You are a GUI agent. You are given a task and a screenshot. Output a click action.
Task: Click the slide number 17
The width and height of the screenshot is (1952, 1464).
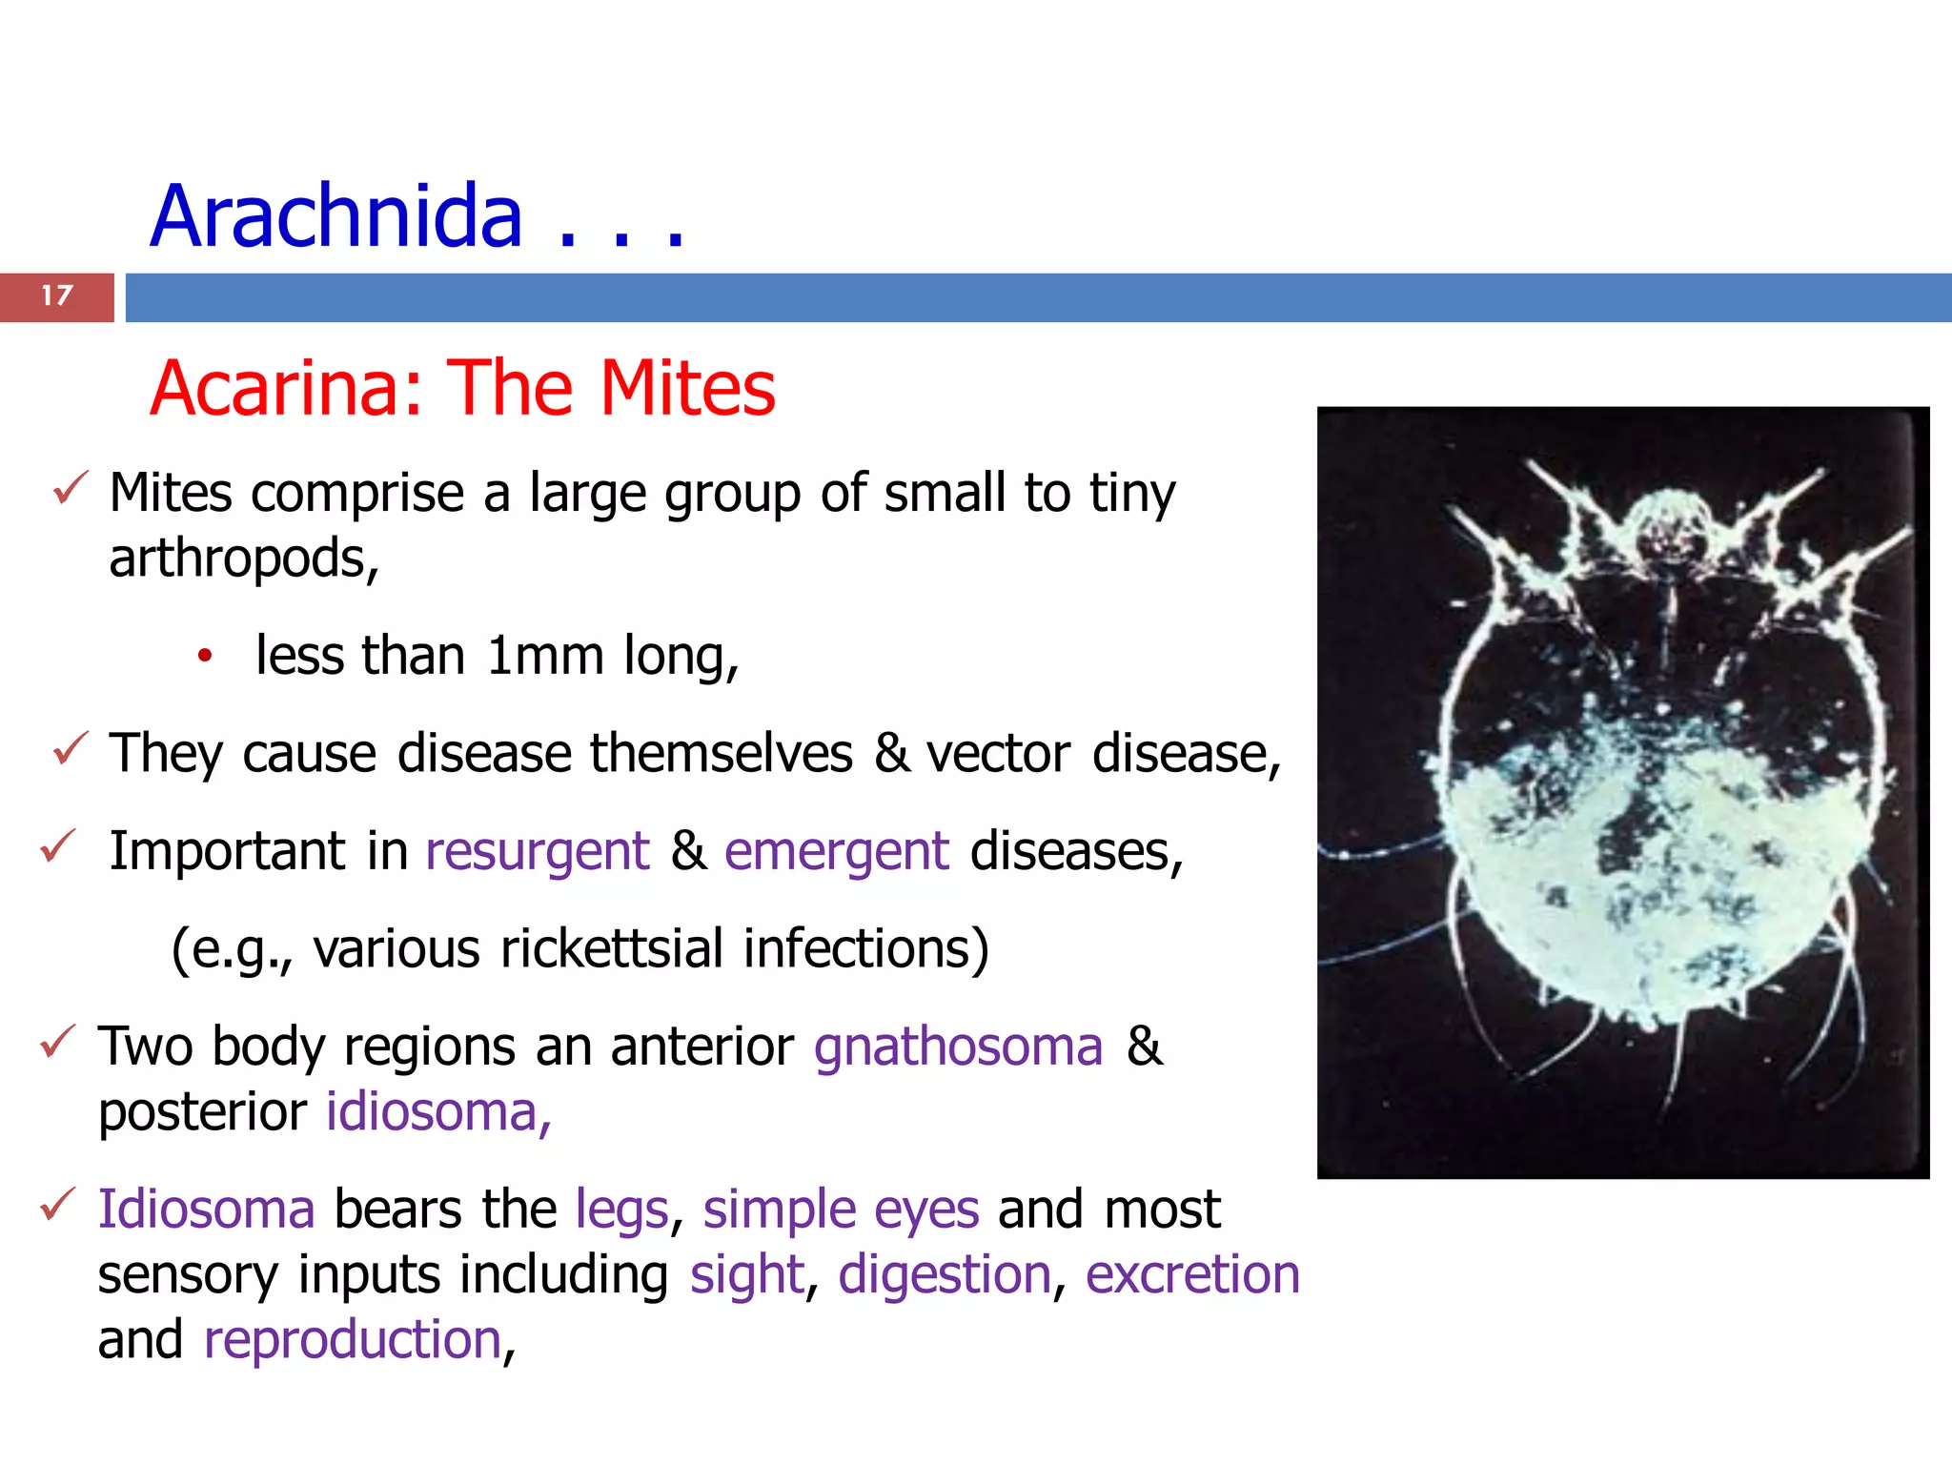pos(57,296)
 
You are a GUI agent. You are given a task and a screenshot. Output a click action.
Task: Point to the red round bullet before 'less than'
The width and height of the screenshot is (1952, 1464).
pos(204,656)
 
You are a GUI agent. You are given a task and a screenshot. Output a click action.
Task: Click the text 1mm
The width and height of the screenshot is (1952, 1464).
pos(544,656)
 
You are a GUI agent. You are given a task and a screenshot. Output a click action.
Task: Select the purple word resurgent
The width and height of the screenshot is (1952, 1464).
pos(537,851)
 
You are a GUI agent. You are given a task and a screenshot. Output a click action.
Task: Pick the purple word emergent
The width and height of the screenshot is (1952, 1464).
pos(836,851)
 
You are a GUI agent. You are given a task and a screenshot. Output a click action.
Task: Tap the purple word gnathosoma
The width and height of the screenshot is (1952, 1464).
pos(958,1047)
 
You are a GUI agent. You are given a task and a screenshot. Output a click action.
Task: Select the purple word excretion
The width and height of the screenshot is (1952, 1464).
pos(1192,1275)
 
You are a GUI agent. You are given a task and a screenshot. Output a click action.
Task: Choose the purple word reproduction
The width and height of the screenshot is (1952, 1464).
pos(353,1340)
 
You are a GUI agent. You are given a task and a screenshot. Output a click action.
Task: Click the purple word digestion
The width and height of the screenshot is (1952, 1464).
pos(945,1275)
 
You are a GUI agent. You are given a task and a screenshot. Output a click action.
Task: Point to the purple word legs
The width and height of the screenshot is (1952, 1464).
pos(622,1210)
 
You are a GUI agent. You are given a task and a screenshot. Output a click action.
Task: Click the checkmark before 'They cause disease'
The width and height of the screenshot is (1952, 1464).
pos(71,748)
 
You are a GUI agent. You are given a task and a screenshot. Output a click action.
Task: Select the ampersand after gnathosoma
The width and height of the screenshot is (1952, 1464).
pos(1144,1047)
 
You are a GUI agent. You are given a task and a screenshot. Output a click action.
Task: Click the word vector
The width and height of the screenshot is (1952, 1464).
pos(998,754)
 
